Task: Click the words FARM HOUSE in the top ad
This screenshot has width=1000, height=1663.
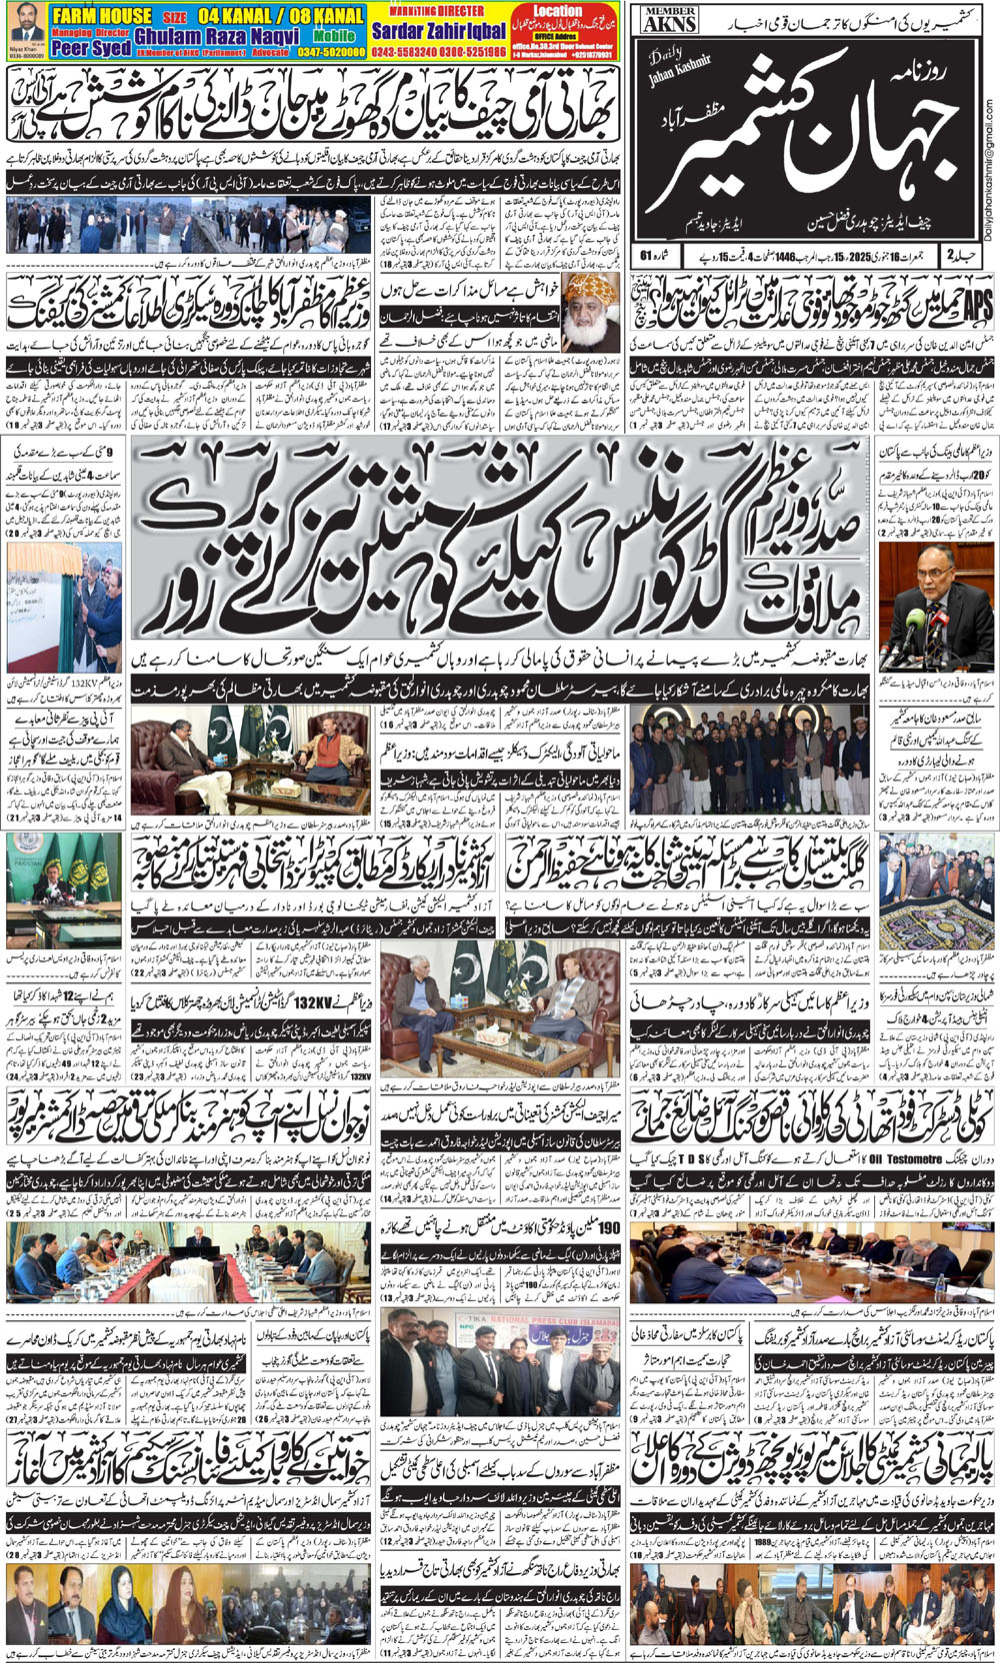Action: pyautogui.click(x=102, y=16)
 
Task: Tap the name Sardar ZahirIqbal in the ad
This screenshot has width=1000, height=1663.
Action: pyautogui.click(x=440, y=32)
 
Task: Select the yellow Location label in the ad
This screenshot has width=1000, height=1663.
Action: pyautogui.click(x=557, y=11)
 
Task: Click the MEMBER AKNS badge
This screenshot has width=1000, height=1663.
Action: pyautogui.click(x=669, y=17)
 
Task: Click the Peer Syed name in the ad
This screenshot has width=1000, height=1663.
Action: pyautogui.click(x=91, y=48)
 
